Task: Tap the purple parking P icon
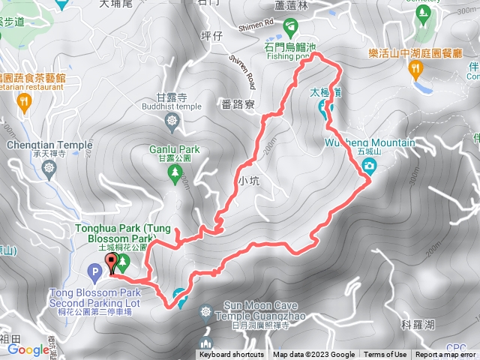(96, 271)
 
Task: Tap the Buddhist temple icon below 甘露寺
(173, 121)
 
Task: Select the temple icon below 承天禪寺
(49, 168)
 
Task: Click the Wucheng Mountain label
(370, 142)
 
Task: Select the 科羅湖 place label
(417, 324)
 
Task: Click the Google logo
(28, 349)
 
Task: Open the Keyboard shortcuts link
(231, 355)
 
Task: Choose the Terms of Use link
(385, 355)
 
